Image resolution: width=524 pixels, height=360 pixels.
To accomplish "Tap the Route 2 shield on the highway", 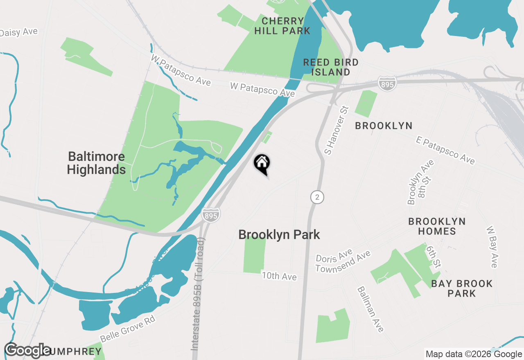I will [317, 197].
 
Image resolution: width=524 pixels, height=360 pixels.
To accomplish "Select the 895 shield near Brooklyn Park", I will [211, 215].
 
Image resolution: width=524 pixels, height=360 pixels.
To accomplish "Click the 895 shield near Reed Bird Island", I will [387, 83].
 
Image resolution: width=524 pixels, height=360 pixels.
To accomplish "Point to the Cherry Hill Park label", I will [282, 26].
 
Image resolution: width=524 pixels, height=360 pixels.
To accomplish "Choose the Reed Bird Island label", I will [331, 67].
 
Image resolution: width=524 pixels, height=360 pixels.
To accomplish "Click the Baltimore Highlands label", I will [96, 163].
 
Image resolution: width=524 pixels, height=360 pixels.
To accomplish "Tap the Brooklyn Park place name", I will [279, 235].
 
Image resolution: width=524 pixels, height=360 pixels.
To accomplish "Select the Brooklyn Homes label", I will [437, 226].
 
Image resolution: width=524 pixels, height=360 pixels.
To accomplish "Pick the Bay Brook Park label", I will [462, 288].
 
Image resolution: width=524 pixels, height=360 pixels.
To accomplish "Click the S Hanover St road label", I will [336, 130].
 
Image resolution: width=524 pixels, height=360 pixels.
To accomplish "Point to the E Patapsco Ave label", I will [445, 150].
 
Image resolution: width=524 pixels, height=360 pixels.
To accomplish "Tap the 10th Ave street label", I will [279, 277].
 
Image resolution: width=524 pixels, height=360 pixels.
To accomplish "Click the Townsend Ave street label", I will [343, 262].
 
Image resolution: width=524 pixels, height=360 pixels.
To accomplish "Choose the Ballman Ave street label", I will [371, 309].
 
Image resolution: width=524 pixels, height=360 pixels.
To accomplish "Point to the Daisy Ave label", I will [19, 32].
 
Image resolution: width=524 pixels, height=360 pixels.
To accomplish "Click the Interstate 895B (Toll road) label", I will [199, 295].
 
